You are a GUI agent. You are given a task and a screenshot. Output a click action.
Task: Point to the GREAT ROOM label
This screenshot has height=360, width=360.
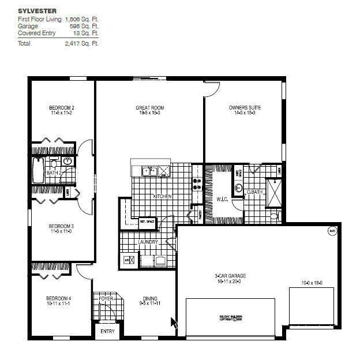point(150,108)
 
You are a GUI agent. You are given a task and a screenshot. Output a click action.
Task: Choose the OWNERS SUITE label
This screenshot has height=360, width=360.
point(242,108)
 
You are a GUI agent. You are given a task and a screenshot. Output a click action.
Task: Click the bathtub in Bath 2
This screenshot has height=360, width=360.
point(38,171)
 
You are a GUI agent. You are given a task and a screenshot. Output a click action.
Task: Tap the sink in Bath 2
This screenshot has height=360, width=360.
point(67,162)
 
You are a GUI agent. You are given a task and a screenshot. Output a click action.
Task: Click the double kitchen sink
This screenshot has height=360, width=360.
point(151,171)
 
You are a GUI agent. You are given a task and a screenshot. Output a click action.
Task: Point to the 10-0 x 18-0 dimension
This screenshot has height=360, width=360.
point(311,283)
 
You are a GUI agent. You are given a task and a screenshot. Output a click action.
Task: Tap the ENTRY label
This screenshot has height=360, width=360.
point(107,331)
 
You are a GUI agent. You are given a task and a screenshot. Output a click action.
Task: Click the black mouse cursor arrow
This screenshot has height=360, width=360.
point(174,322)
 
